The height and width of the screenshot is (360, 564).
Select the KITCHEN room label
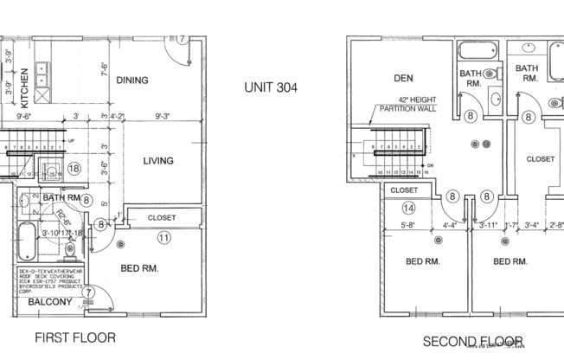(26, 87)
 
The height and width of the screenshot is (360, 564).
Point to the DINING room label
(133, 80)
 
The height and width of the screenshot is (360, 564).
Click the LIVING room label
(158, 160)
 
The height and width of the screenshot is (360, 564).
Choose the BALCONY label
(50, 303)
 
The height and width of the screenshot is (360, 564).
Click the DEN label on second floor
(403, 78)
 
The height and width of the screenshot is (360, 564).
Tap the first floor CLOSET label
(162, 217)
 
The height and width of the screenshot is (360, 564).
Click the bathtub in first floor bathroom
(26, 242)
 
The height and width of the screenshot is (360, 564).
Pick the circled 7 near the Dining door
(183, 40)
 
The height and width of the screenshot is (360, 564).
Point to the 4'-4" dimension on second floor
(449, 228)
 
